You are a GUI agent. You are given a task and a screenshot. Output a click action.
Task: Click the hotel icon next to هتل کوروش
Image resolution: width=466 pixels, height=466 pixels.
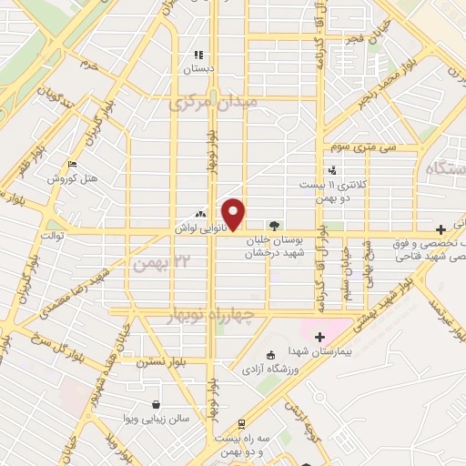tap(72, 165)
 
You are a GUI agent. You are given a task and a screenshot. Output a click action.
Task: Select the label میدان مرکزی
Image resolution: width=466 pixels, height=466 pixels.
tap(213, 103)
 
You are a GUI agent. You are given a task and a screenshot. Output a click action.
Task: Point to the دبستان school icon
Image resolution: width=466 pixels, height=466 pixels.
tap(198, 56)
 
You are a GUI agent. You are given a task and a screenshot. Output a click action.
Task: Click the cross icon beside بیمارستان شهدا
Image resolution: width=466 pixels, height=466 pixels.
tap(319, 338)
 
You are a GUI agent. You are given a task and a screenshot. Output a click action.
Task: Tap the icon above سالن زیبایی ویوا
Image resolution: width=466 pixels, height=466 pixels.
tap(157, 404)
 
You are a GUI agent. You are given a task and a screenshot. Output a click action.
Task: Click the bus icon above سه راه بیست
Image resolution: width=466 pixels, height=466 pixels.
tap(240, 423)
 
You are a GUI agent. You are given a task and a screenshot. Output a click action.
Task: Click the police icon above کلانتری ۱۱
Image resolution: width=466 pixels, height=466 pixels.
tap(332, 168)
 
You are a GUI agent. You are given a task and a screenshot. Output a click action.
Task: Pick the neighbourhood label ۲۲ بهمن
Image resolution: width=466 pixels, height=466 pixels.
tap(152, 263)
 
